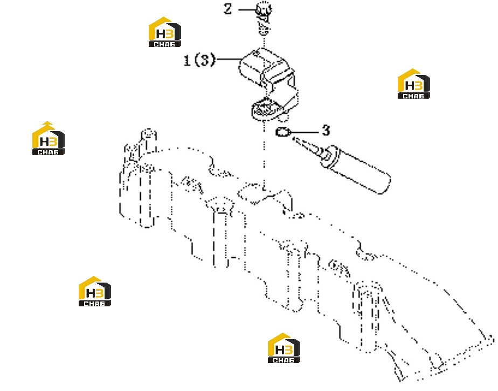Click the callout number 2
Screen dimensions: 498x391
coord(228,9)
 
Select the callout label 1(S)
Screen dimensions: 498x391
coord(199,60)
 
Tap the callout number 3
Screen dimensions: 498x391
coord(326,131)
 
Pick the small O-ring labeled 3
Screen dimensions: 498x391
coord(282,132)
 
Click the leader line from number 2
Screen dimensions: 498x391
coord(247,10)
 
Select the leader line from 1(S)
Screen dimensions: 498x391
coord(229,59)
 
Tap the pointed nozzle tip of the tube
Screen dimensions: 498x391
coord(293,138)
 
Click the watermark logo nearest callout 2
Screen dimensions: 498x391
coord(165,32)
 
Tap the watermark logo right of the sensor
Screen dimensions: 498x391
coord(413,84)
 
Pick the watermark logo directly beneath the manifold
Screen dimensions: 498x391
coord(283,348)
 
